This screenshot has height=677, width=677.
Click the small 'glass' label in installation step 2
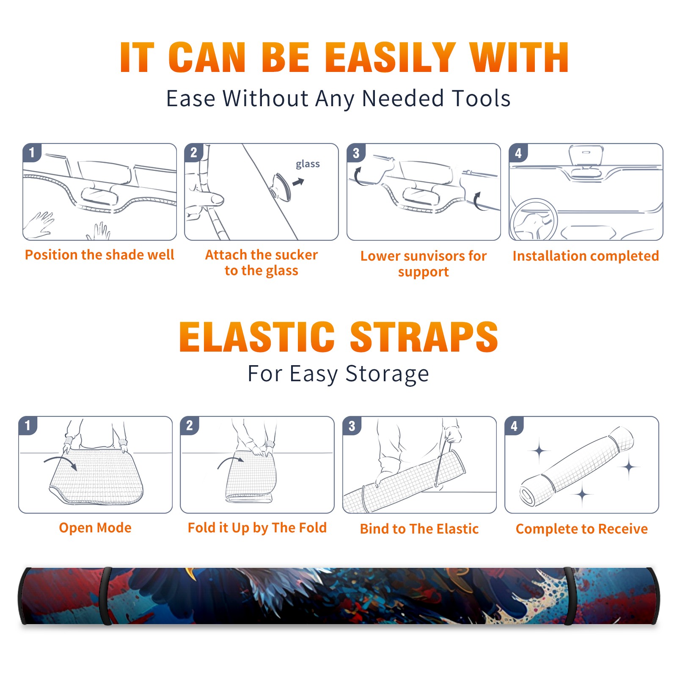[x=308, y=164]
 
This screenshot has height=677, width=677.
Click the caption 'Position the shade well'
[x=99, y=255]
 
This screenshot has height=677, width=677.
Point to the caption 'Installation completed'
[x=586, y=256]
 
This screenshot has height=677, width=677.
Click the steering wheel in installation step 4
[x=533, y=220]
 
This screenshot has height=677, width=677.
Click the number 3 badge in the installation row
[x=356, y=153]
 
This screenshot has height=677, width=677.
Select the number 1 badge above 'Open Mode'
[x=28, y=425]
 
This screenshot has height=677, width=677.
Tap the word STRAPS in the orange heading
[x=424, y=337]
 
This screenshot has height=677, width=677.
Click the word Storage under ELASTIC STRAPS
[x=387, y=374]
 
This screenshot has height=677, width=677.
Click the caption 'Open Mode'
[x=95, y=528]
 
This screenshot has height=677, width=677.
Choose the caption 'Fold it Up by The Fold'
[x=257, y=528]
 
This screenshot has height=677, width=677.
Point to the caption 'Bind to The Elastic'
[x=419, y=529]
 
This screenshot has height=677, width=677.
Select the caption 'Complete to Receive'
[x=582, y=529]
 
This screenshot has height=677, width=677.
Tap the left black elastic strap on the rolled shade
[x=106, y=596]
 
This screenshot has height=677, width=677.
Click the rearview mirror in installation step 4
[x=586, y=155]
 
